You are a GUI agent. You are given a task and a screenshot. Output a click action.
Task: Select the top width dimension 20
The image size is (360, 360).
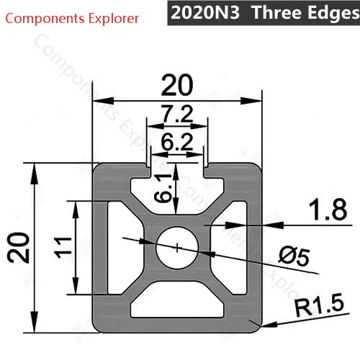point(176,86)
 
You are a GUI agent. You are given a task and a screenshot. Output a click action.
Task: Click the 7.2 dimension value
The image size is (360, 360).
point(176,113)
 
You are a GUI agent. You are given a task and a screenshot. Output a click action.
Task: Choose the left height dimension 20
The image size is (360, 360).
point(19,248)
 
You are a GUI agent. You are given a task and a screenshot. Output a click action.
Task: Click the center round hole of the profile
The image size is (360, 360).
point(177,247)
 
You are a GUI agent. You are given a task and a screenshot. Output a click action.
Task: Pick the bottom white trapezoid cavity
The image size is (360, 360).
point(176,302)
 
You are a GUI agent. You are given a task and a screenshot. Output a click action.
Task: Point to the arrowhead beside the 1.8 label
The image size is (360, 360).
point(265,225)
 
